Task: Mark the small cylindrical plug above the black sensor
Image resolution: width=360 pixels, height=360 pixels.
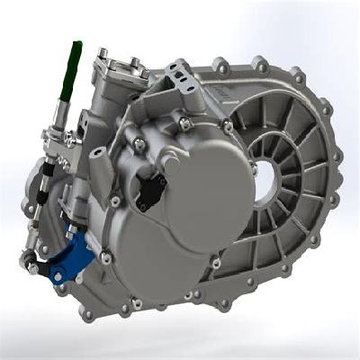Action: coord(139,143)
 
